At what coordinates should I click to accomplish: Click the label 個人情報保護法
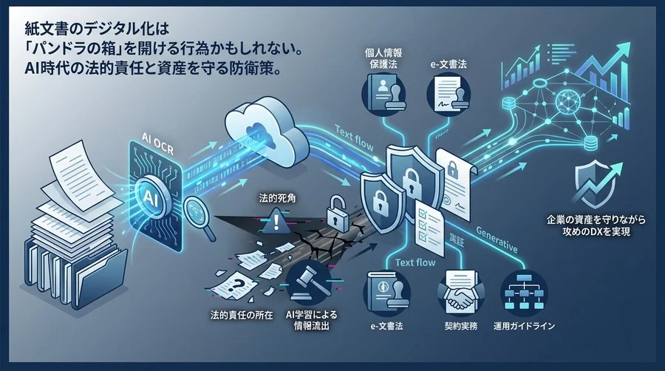point(382,59)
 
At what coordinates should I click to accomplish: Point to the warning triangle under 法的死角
point(277,218)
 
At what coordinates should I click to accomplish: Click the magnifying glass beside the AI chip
point(196,211)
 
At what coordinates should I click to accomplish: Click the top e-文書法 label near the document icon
point(451,65)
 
